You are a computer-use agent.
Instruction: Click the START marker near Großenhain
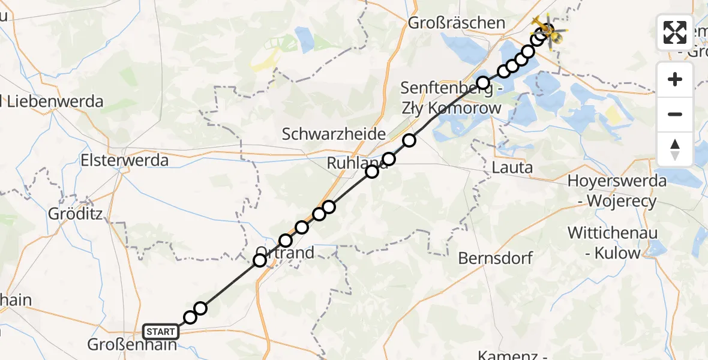[x=160, y=331]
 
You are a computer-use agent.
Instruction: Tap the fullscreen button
[x=675, y=32]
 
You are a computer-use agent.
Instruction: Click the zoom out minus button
[x=675, y=114]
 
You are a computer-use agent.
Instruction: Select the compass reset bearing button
[x=675, y=149]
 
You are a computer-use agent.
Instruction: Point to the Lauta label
[x=512, y=167]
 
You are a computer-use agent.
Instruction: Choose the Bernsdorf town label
[x=496, y=259]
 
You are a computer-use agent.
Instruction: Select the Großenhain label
[x=132, y=346]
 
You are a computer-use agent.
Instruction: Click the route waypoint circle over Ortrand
[x=260, y=260]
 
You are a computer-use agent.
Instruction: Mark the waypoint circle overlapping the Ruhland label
[x=372, y=172]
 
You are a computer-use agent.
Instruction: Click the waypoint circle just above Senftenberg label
[x=482, y=82]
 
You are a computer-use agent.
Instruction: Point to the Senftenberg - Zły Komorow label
[x=451, y=99]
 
